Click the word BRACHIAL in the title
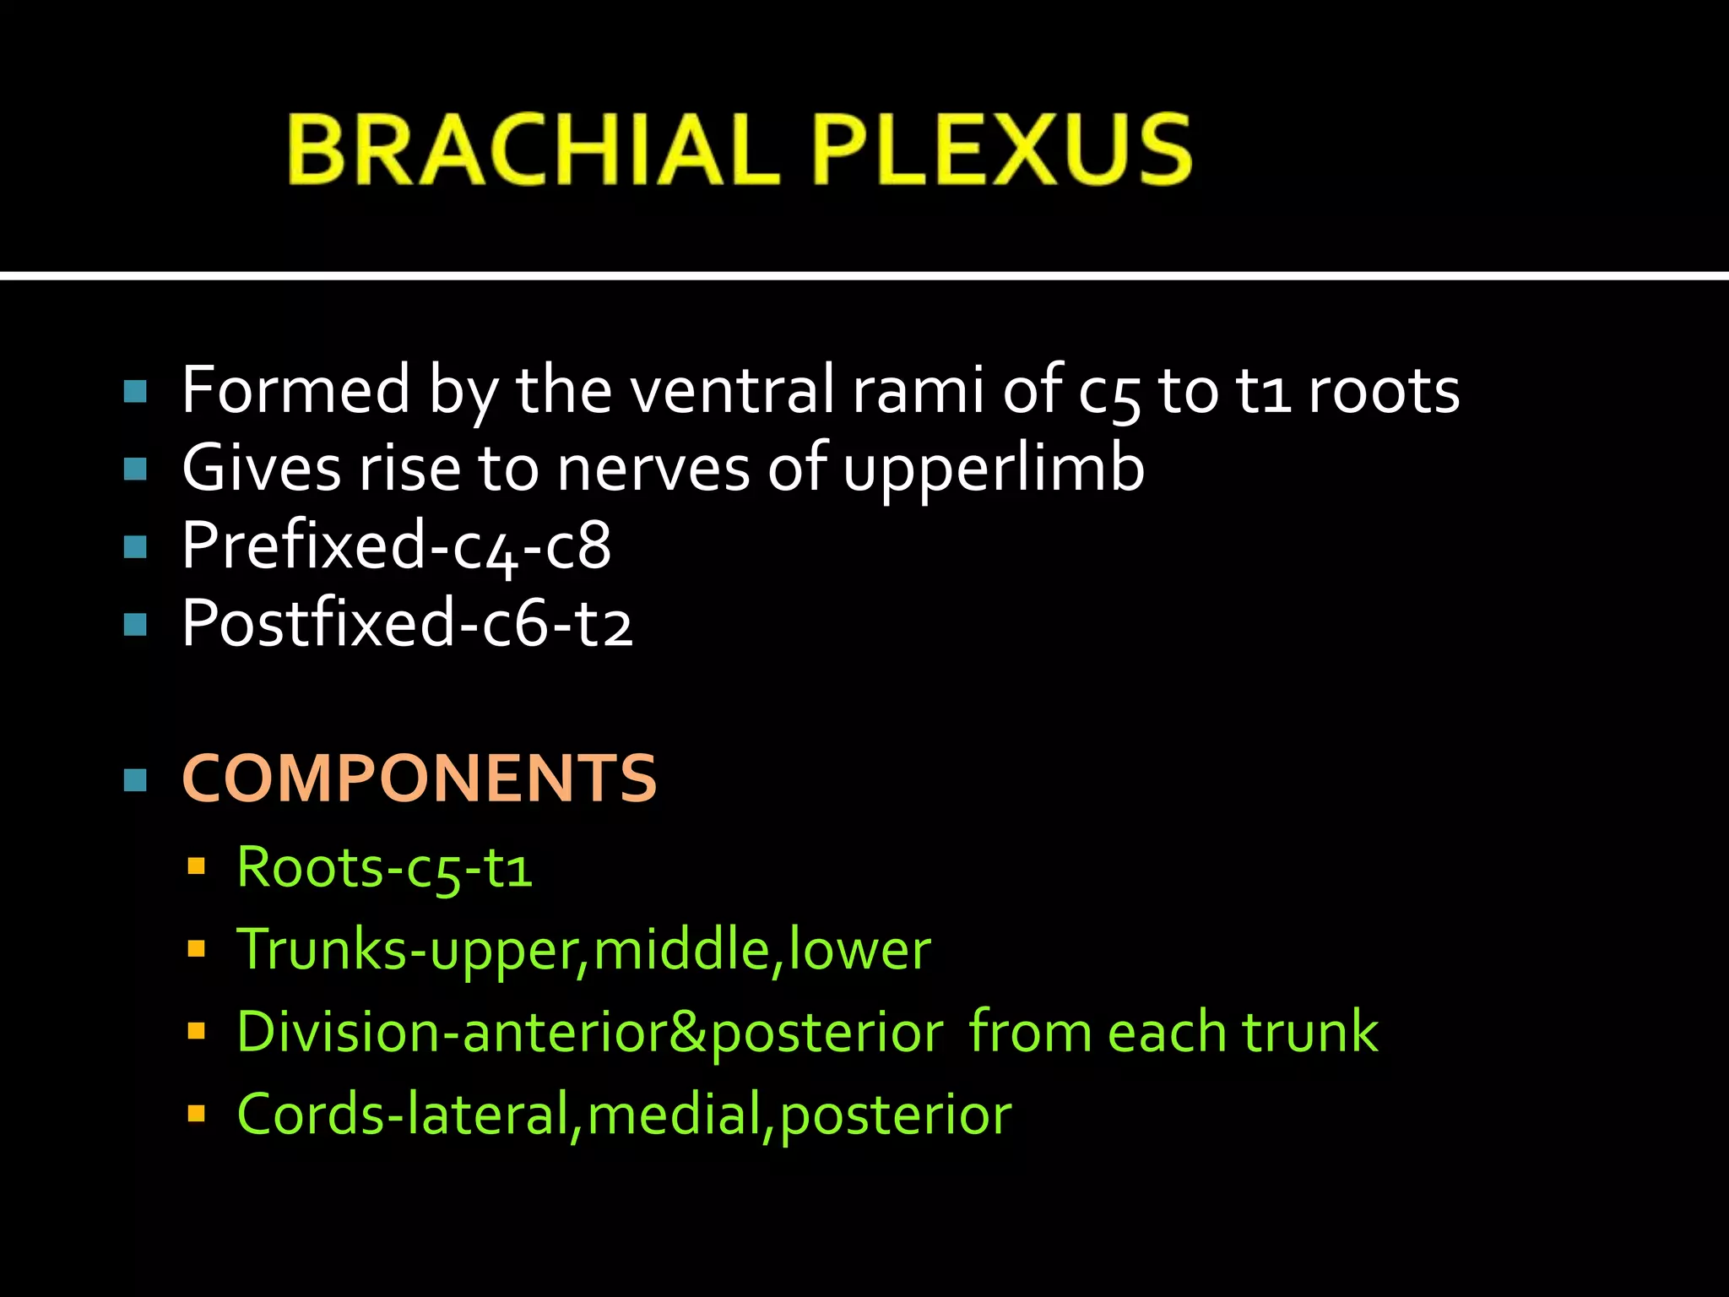(x=532, y=149)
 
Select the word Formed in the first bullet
(x=295, y=390)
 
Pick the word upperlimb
(x=994, y=469)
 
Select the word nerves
(x=653, y=469)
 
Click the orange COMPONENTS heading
(x=419, y=779)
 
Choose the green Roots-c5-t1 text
(x=385, y=867)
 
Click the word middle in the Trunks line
(x=680, y=949)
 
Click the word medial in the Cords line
(x=675, y=1115)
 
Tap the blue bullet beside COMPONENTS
(x=135, y=779)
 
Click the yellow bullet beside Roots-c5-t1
(x=197, y=866)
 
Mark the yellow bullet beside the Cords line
(x=197, y=1114)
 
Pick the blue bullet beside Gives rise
(x=135, y=469)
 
